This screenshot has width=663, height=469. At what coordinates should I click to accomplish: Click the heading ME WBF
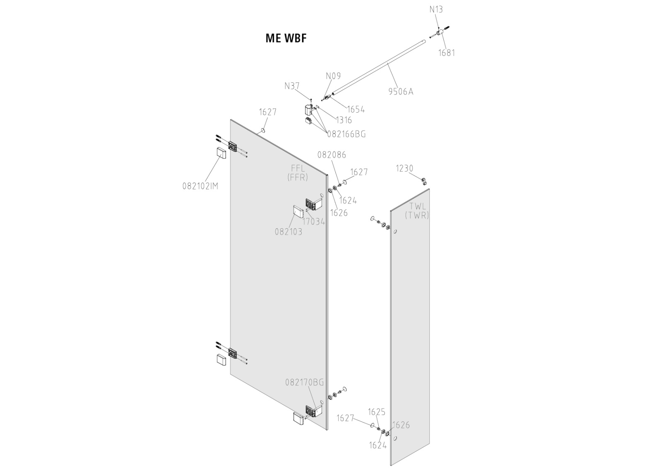[286, 38]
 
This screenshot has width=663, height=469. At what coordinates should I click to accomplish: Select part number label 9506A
[401, 92]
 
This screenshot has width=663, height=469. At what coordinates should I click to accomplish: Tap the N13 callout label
[436, 9]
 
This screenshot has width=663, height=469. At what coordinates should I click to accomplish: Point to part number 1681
[447, 53]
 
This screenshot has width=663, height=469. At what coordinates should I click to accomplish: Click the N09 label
[333, 76]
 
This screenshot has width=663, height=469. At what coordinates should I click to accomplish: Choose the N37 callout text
[292, 86]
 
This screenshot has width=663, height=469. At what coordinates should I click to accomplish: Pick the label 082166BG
[346, 134]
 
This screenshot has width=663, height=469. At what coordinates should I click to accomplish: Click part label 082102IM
[200, 186]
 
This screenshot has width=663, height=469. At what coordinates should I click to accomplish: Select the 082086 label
[331, 155]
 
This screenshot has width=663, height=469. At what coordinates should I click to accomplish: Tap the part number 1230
[404, 168]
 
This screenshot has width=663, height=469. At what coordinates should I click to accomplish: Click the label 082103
[288, 232]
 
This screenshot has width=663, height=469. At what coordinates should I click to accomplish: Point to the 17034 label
[314, 222]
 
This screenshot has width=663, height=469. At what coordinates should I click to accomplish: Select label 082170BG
[304, 382]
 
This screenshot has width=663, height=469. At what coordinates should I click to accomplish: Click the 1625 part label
[377, 412]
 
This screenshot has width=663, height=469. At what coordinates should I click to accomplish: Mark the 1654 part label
[356, 109]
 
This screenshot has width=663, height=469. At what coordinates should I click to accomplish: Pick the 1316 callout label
[344, 120]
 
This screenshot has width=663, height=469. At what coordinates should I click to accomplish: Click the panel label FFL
[298, 168]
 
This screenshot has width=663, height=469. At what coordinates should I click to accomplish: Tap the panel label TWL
[417, 206]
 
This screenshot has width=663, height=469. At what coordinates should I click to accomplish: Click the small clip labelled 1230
[424, 180]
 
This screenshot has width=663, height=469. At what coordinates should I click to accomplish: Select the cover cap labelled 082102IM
[220, 153]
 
